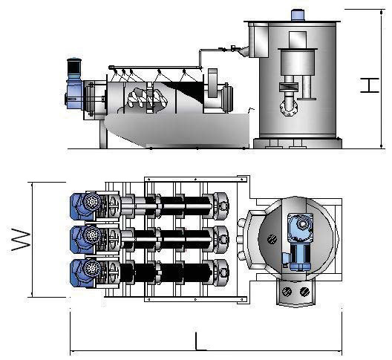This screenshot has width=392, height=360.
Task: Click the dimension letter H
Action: click(x=370, y=85)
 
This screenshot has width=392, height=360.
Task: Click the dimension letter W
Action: click(x=21, y=239)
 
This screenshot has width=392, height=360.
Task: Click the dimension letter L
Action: click(x=200, y=341)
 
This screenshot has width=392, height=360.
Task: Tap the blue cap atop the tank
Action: click(x=298, y=15)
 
